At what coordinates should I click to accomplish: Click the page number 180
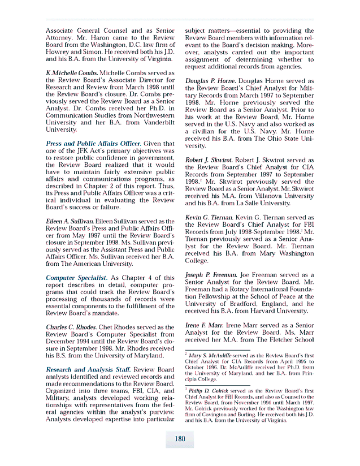pyautogui.click(x=180, y=438)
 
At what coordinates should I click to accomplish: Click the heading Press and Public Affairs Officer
pyautogui.click(x=93, y=144)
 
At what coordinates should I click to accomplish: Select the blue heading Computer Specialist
pyautogui.click(x=76, y=278)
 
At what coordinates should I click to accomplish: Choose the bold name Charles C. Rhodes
pyautogui.click(x=69, y=327)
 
